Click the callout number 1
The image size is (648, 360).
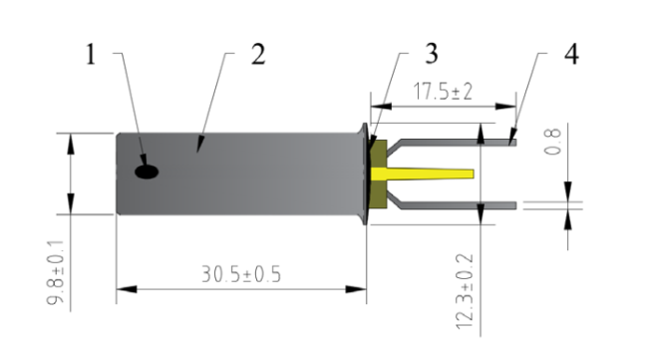[91, 54]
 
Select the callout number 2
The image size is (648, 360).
[258, 54]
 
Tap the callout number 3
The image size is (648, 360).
[432, 54]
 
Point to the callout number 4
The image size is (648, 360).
[571, 54]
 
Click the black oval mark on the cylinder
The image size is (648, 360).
[147, 172]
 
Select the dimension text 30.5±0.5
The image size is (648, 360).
[241, 274]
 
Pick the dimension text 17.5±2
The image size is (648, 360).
[443, 92]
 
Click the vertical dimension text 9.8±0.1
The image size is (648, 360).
[56, 273]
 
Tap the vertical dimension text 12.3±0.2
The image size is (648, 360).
[465, 292]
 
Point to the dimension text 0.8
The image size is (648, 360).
[552, 142]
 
